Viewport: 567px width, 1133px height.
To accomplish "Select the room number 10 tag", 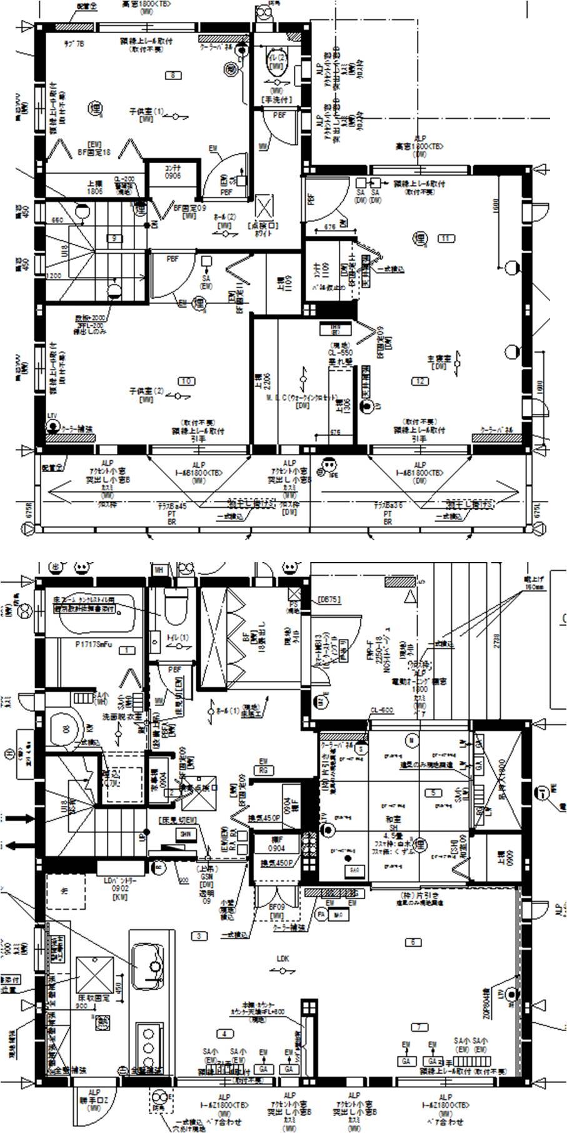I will tap(186, 381).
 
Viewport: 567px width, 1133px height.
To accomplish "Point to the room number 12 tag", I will tap(419, 381).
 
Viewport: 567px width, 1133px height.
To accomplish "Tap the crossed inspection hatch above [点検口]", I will tap(265, 207).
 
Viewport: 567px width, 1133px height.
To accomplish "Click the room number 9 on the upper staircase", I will tap(114, 238).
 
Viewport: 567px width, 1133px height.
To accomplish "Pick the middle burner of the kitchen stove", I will tap(149, 1047).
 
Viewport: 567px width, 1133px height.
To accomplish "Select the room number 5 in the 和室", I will tap(433, 793).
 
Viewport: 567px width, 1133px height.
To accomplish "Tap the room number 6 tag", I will tap(413, 942).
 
